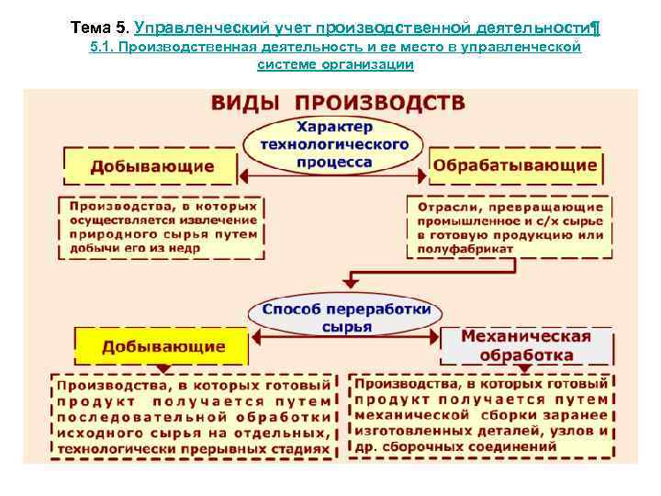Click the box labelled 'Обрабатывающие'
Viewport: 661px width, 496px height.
pyautogui.click(x=515, y=166)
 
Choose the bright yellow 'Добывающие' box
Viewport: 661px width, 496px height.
pyautogui.click(x=163, y=346)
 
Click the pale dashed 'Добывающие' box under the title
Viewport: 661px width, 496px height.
pyautogui.click(x=152, y=166)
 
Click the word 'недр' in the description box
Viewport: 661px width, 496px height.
pyautogui.click(x=217, y=250)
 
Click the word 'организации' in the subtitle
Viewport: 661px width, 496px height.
pyautogui.click(x=375, y=64)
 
